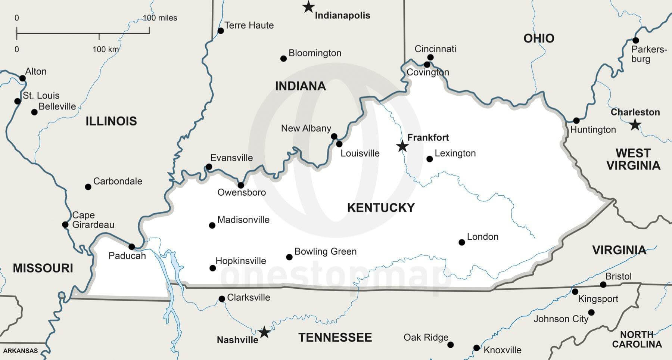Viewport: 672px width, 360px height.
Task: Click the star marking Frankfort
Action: [402, 146]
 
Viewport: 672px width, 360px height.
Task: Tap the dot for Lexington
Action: [430, 159]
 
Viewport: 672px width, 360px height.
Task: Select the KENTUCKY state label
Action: [381, 208]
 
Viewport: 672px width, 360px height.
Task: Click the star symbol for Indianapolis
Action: [308, 7]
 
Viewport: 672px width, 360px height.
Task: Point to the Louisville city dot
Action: [339, 144]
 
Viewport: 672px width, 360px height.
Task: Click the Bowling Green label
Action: [325, 251]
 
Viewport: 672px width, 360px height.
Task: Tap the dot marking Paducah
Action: [131, 247]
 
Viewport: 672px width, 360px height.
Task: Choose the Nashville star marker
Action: [264, 332]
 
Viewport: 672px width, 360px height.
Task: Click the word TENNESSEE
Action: [335, 338]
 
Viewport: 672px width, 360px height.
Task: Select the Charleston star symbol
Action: [635, 125]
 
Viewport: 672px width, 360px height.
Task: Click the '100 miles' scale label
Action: [160, 18]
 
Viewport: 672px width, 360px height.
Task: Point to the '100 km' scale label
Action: [106, 49]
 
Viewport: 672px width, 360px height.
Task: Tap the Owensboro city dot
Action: [241, 185]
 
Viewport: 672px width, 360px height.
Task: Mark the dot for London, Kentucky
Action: [462, 242]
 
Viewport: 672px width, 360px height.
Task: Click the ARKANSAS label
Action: [21, 351]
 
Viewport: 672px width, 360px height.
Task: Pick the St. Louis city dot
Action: [17, 101]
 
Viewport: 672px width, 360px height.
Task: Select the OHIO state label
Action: [539, 38]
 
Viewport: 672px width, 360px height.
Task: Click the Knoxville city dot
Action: [476, 348]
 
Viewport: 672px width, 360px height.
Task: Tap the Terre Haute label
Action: [249, 25]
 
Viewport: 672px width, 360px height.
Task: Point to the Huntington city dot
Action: [576, 121]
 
